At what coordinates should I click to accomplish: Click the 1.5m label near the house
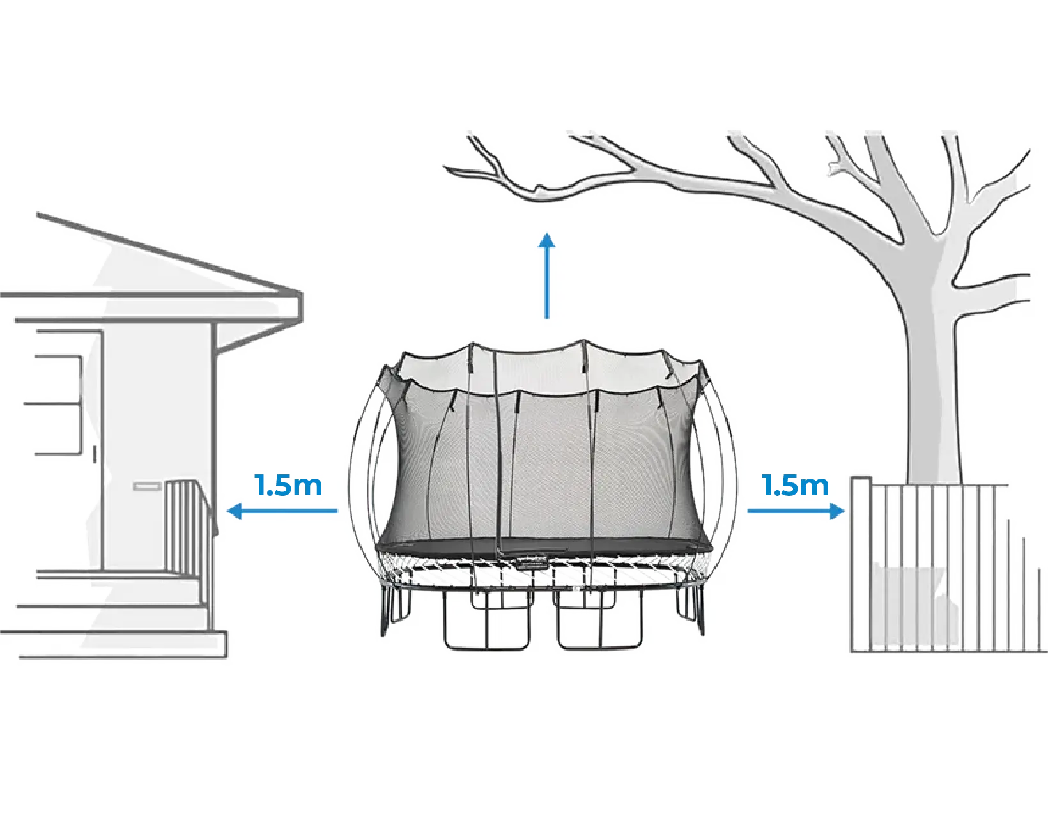click(288, 485)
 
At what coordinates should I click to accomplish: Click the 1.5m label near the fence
click(796, 485)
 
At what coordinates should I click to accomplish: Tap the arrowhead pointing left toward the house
click(235, 511)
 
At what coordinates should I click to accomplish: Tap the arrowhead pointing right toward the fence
click(836, 511)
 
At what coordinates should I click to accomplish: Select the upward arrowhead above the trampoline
click(546, 241)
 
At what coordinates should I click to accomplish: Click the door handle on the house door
click(95, 453)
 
